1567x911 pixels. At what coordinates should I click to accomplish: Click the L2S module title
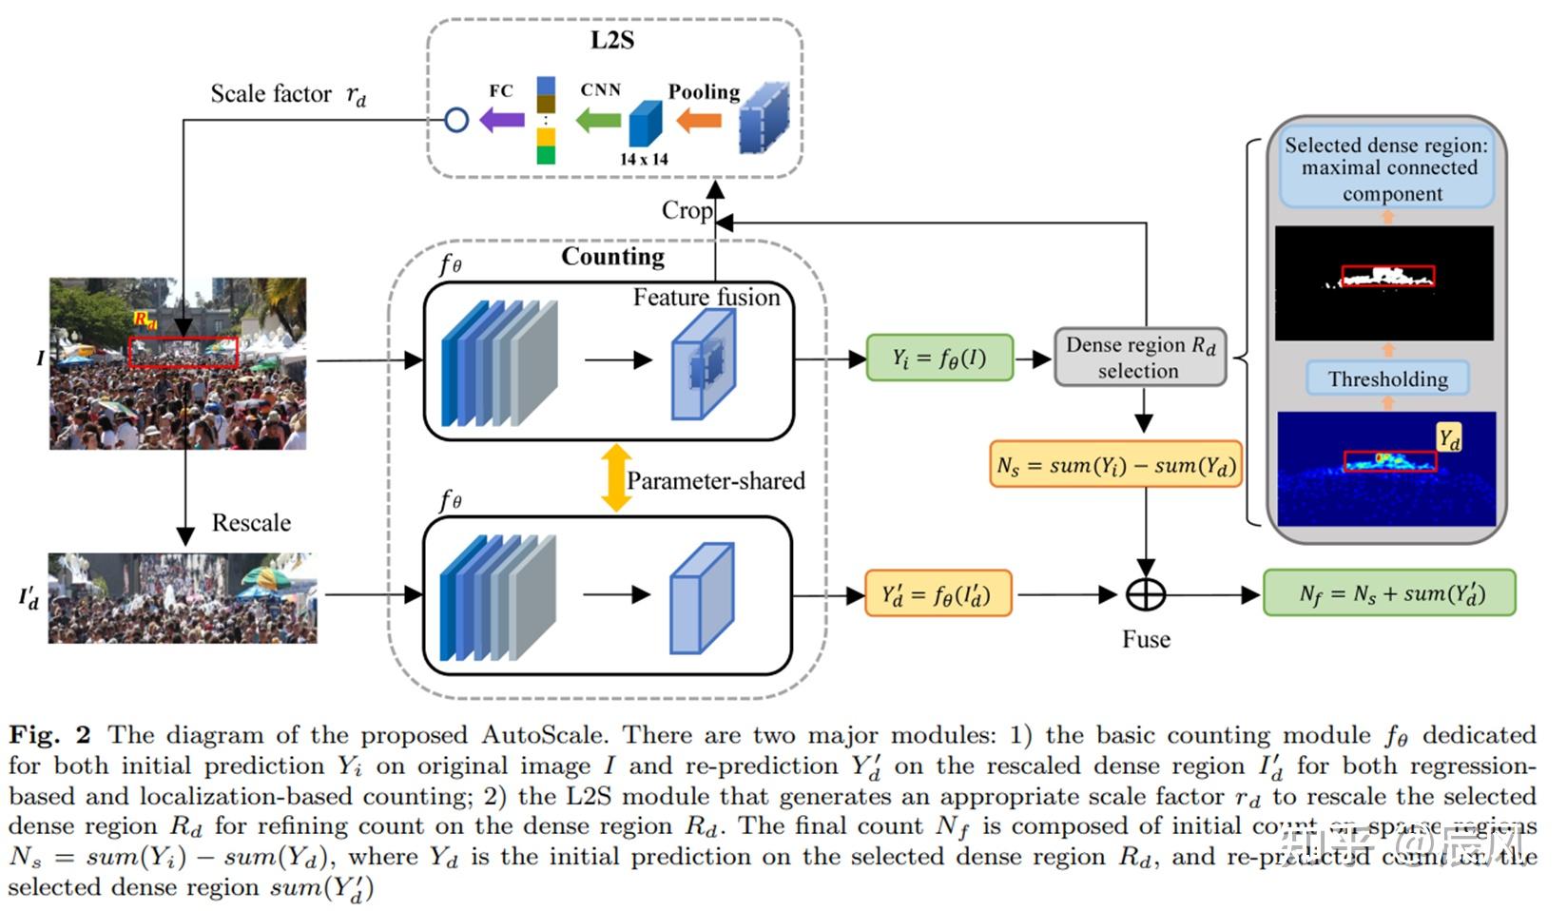click(612, 40)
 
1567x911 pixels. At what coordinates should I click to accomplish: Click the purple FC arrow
click(501, 120)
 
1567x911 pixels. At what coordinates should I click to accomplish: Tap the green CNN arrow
click(599, 120)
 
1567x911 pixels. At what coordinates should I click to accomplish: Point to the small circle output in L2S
click(457, 120)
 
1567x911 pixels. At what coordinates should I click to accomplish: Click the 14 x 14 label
click(644, 159)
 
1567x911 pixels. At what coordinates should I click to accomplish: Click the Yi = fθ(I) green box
click(939, 359)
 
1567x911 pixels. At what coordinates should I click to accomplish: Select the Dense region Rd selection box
click(1140, 358)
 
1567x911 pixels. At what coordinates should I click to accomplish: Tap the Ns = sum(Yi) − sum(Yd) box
click(1115, 465)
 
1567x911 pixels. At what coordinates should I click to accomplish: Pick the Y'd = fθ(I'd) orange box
click(938, 594)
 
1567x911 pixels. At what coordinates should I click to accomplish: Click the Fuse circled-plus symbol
click(1146, 594)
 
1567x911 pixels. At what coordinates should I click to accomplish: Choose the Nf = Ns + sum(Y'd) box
click(1388, 593)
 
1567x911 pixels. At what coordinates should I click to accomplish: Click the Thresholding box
click(1387, 378)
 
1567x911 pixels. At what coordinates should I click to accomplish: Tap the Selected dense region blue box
click(1386, 169)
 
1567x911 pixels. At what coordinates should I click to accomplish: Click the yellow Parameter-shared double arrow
click(616, 478)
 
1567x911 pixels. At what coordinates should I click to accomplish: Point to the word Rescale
click(251, 523)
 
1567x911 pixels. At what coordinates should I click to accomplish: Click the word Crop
click(687, 210)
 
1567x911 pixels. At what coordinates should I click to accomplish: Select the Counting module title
click(612, 257)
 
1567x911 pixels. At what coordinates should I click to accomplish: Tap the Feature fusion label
click(706, 298)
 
